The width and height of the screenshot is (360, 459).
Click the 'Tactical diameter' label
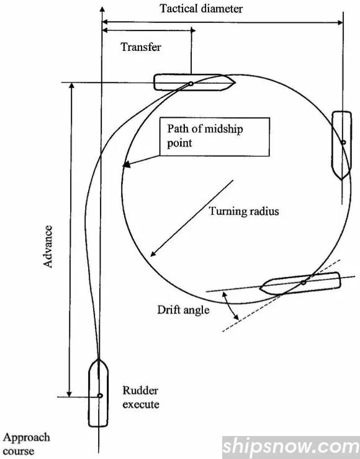[201, 9]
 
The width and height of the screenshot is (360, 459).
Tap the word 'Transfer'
[141, 48]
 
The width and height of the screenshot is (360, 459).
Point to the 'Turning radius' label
[243, 211]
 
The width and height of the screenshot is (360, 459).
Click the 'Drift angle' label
[183, 309]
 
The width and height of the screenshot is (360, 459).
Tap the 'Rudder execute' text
[140, 398]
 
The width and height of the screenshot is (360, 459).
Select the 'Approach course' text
[26, 444]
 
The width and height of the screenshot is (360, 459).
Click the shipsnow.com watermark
[290, 447]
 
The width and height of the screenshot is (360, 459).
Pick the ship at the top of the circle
[193, 83]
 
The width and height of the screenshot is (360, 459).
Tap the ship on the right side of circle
[342, 145]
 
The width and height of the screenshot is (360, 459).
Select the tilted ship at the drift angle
[301, 284]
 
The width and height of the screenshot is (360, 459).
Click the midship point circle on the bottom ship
[99, 395]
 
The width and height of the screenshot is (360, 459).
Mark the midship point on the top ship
[191, 83]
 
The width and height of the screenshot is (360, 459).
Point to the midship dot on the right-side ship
[343, 142]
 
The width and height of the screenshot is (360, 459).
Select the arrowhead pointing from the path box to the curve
[125, 165]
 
